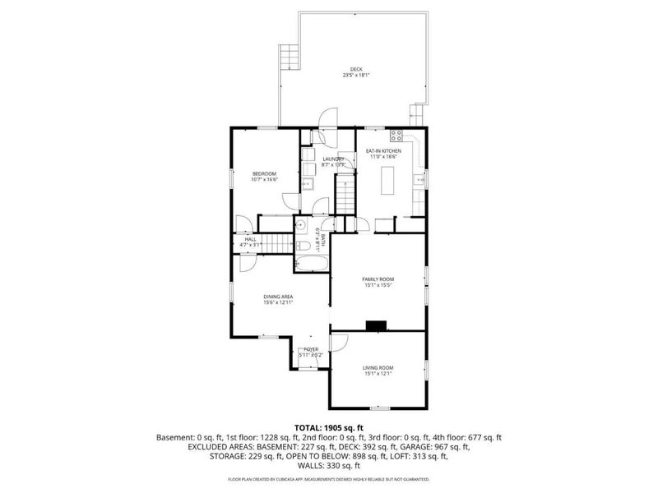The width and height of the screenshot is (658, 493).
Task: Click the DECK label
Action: click(356, 69)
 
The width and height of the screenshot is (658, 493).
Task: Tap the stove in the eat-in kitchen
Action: click(396, 136)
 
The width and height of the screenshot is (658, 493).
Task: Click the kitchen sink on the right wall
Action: click(421, 177)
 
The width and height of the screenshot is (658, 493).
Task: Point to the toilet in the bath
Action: click(303, 246)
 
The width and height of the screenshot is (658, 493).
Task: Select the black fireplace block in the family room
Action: click(378, 325)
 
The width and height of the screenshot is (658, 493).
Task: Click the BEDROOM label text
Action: click(264, 173)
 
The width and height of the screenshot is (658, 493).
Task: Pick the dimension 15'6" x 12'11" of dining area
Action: click(278, 302)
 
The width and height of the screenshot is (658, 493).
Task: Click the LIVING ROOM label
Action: click(378, 367)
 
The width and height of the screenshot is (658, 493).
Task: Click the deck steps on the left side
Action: click(288, 57)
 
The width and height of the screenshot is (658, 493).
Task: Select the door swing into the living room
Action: click(338, 342)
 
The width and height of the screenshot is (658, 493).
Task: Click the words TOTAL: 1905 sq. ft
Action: click(328, 427)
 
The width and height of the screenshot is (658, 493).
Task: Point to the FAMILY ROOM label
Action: click(379, 279)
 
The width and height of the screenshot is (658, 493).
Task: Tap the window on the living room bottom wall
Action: click(378, 408)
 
